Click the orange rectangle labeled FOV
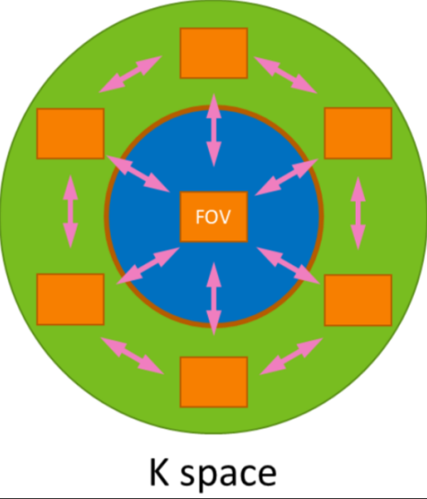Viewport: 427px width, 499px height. [x=213, y=217]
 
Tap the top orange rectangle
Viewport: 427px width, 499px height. [x=213, y=54]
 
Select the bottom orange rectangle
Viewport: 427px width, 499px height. [x=213, y=383]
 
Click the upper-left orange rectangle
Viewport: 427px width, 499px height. [x=70, y=134]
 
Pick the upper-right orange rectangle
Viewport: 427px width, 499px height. [x=358, y=133]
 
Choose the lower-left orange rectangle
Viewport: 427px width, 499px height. [x=70, y=299]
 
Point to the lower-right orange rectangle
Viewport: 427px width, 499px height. [x=358, y=300]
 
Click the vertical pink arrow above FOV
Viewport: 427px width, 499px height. [x=213, y=130]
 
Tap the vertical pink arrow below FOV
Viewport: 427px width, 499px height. [x=213, y=298]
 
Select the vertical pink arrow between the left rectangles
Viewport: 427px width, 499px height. [x=70, y=212]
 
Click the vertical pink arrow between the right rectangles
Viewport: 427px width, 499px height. [x=359, y=213]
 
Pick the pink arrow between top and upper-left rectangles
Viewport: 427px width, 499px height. [x=130, y=74]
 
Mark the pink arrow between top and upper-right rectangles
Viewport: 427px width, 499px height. [x=286, y=75]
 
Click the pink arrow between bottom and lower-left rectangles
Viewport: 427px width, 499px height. [x=132, y=356]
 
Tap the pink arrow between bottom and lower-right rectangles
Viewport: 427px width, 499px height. [x=291, y=357]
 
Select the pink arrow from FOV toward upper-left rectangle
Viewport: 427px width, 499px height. [x=139, y=174]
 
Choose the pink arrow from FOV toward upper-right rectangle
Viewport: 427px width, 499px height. [x=287, y=176]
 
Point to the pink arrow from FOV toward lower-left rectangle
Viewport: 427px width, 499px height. [x=148, y=265]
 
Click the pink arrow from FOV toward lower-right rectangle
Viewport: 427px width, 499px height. [x=288, y=265]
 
